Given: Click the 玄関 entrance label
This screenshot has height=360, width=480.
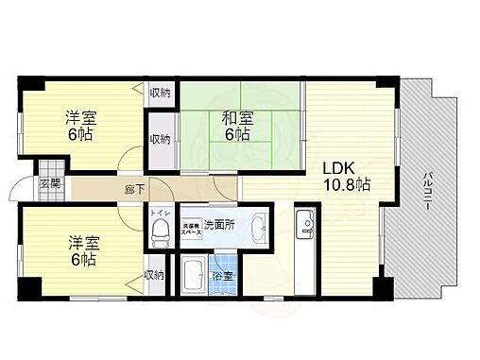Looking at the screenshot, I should (50, 183).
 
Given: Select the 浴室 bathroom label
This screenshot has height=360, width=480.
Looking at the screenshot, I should (225, 278).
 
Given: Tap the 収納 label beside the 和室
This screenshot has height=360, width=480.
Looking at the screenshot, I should (160, 139).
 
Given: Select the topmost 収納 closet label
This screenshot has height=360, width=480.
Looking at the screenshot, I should (160, 93).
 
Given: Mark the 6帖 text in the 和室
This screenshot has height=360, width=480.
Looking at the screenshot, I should (236, 135).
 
